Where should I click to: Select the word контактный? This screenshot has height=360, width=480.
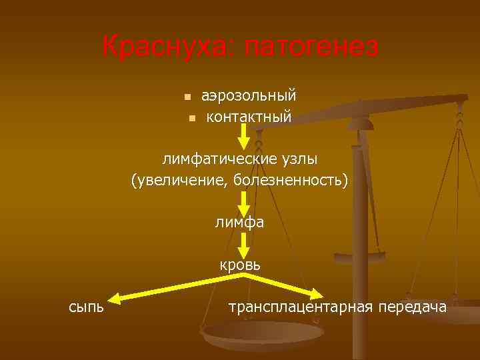click(249, 117)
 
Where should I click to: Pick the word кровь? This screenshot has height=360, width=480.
click(241, 265)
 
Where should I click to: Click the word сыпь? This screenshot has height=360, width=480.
click(86, 306)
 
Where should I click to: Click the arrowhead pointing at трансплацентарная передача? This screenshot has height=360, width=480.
click(318, 293)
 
